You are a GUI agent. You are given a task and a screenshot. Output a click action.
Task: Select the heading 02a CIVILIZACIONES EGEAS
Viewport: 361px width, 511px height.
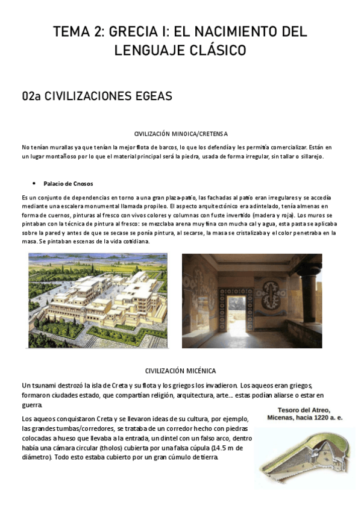(x=97, y=96)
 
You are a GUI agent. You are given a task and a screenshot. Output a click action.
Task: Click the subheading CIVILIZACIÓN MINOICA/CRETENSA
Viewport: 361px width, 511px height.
(x=180, y=133)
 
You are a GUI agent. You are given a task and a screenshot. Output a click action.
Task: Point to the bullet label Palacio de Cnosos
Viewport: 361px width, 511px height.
(x=68, y=183)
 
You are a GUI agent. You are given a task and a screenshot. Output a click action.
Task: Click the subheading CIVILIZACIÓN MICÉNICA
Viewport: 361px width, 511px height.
(x=180, y=370)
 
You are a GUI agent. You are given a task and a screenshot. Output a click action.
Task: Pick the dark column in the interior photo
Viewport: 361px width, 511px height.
(x=327, y=295)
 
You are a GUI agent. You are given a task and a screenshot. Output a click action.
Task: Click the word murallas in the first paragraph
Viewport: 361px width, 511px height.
(x=64, y=147)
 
